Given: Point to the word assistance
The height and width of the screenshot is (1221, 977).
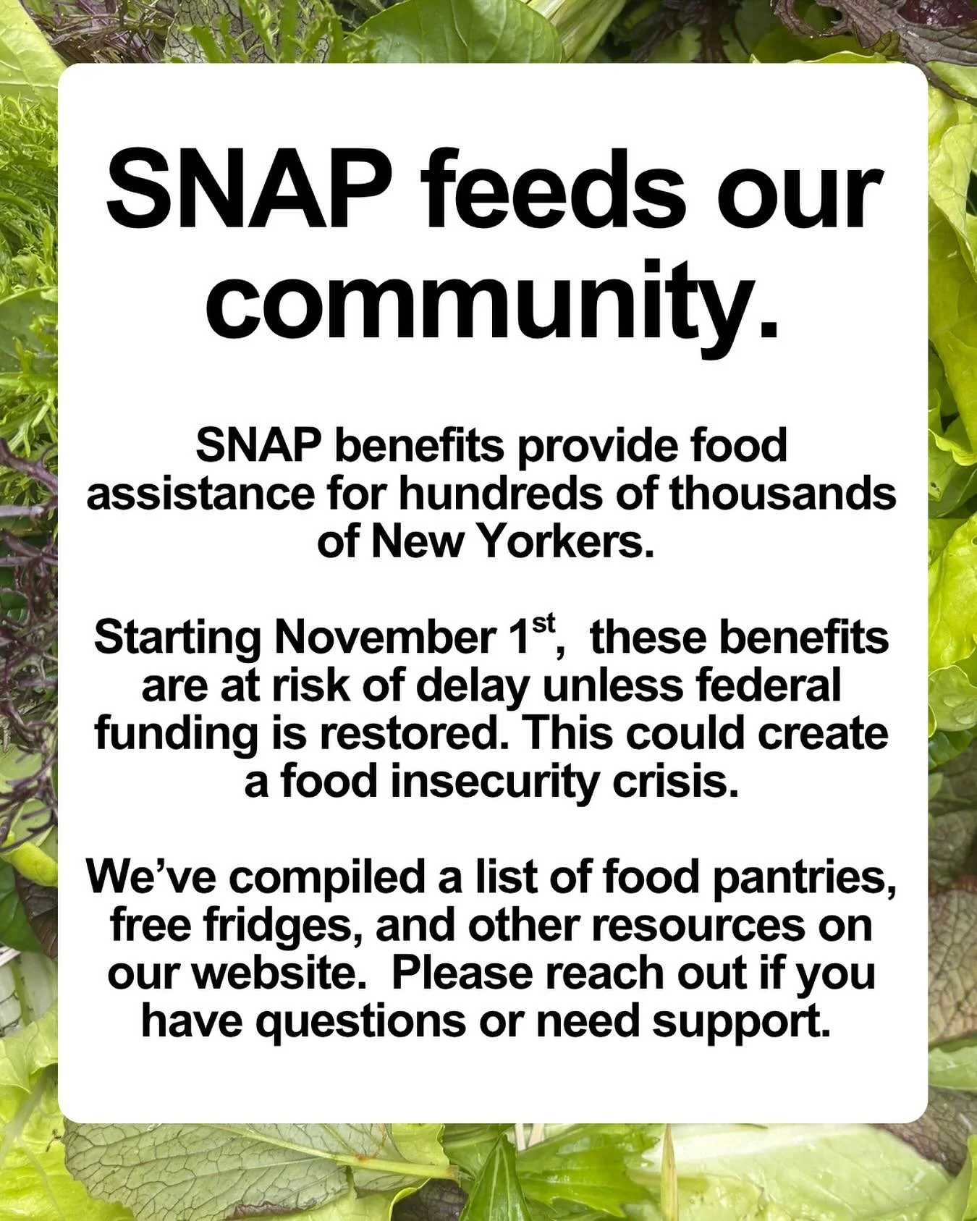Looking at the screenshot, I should coord(200,494).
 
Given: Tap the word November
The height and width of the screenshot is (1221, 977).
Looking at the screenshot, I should coord(383,638).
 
